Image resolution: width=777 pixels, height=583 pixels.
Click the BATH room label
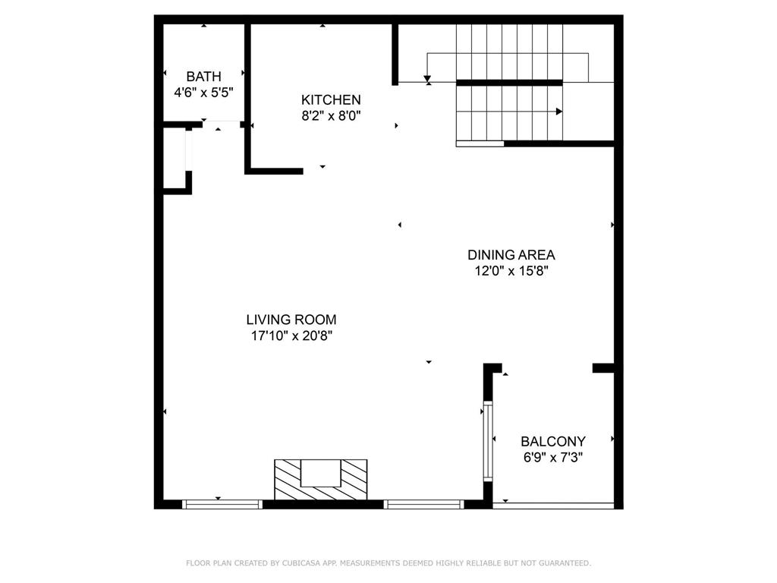click(203, 76)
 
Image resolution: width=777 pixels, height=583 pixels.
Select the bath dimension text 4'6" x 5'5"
click(203, 93)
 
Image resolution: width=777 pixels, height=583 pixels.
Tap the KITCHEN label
click(331, 99)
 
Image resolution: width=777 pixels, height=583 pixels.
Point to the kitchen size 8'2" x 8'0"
click(331, 116)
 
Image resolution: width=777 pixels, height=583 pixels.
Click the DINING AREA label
click(511, 255)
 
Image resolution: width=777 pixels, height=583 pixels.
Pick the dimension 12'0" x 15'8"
click(511, 271)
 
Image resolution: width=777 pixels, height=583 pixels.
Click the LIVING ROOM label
click(291, 320)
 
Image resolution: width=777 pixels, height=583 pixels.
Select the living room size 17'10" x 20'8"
click(291, 336)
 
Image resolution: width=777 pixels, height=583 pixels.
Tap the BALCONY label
click(552, 441)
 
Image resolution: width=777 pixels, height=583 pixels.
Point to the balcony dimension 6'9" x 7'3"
click(552, 458)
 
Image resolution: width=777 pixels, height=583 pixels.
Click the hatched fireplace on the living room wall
click(320, 479)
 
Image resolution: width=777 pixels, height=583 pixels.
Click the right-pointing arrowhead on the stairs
click(559, 112)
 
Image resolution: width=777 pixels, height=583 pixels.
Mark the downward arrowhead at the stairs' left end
click(428, 78)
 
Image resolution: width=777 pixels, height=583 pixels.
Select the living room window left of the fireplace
click(222, 503)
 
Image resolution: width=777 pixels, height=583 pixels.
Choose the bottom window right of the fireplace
click(423, 503)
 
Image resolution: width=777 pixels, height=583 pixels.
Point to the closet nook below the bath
click(176, 157)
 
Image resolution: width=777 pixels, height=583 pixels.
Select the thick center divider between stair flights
click(508, 82)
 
